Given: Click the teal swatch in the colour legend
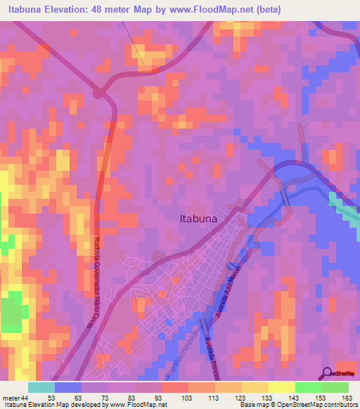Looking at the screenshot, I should point(41,387).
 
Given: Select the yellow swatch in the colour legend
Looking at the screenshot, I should point(281,387).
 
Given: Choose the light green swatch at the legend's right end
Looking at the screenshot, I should point(335,387).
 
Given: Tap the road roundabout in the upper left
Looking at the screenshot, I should point(99,93).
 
